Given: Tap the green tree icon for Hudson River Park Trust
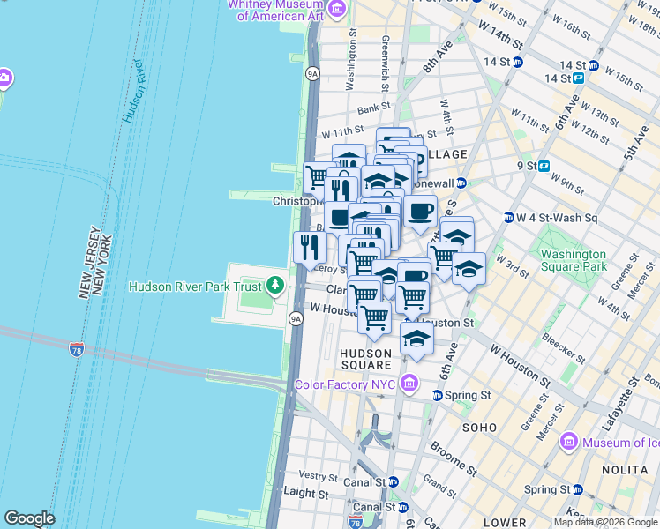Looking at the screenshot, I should click(276, 285).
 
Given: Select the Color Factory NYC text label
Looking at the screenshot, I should click(345, 384).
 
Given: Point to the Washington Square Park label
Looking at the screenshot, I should click(574, 260).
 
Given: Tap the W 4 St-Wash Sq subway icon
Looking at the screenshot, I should click(509, 218).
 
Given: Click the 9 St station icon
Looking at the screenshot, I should click(544, 165).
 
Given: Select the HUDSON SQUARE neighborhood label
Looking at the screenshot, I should click(366, 359).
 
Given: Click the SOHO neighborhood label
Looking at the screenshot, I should click(482, 427).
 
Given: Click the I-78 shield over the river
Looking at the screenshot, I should click(78, 348).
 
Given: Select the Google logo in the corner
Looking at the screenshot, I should click(29, 518).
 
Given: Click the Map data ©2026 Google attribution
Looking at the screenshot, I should click(605, 522).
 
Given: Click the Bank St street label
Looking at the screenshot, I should click(374, 108).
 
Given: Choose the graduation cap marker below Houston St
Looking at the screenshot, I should click(416, 338).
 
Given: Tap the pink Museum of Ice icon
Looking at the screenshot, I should click(568, 442).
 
